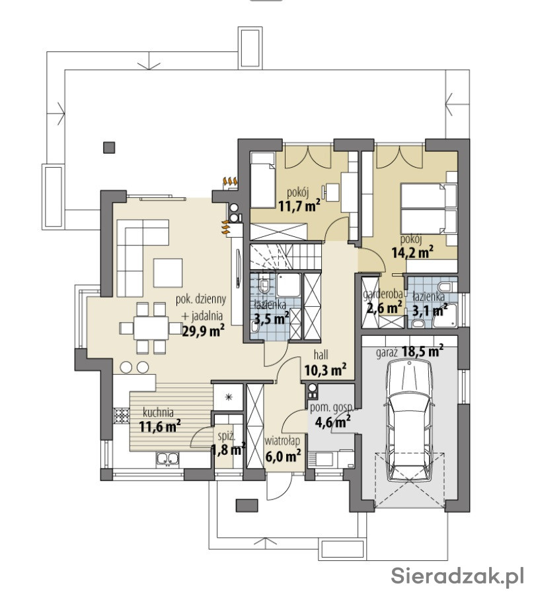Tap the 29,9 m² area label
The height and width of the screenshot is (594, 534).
click(x=204, y=331)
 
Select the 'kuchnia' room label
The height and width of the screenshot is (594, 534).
click(x=158, y=412)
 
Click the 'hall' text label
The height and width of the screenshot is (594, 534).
click(x=321, y=354)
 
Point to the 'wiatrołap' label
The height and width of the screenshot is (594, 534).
click(x=283, y=441)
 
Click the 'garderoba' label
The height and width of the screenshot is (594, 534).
click(x=382, y=294)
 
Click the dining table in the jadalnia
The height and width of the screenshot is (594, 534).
click(x=151, y=328)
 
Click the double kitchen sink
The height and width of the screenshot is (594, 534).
click(x=167, y=459)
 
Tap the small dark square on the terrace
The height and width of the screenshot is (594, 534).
click(x=109, y=147)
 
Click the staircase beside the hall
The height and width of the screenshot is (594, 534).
click(x=286, y=257)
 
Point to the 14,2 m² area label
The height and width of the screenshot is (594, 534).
click(x=412, y=252)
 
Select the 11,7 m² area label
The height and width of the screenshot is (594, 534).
click(x=299, y=206)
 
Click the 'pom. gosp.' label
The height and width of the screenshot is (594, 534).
click(x=332, y=408)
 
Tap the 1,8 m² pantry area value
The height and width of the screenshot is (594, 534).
click(x=228, y=449)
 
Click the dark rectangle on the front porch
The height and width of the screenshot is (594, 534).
click(x=247, y=506)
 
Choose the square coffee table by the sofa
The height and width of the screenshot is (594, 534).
click(x=168, y=273)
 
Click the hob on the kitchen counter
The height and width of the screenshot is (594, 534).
click(x=122, y=416)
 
